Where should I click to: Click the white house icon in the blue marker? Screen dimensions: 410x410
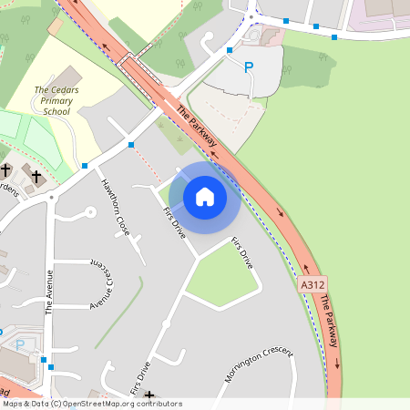pos(205,196)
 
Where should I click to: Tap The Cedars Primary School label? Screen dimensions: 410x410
pos(57,100)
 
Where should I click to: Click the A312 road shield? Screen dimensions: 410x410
pos(313,285)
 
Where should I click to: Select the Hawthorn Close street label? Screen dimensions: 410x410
pos(117,207)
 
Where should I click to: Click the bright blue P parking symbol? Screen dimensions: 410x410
pos(249,67)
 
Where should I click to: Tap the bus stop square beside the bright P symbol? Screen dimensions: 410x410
pos(230,51)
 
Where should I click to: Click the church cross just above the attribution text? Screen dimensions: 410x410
pos(149,395)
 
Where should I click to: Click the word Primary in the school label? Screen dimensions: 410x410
pos(57,100)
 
